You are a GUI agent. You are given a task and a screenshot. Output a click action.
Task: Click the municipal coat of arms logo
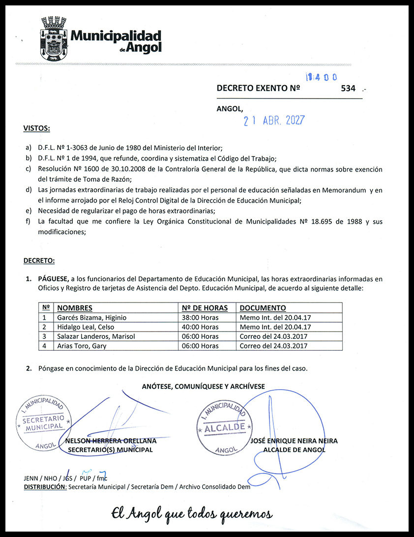point(54,38)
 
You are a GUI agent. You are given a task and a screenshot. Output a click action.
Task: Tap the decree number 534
point(348,89)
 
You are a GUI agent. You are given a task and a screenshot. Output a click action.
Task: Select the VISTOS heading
point(36,129)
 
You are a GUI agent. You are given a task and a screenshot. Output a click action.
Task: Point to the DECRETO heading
point(39,260)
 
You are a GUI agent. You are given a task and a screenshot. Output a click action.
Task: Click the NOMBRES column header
point(75,308)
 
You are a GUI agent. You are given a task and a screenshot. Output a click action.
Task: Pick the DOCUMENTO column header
point(263,308)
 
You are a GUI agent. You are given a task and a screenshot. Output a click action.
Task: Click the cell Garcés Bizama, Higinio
point(91,318)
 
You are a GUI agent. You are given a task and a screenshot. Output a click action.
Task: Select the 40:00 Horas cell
point(200,327)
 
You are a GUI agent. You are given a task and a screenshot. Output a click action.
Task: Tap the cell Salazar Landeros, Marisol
point(96,336)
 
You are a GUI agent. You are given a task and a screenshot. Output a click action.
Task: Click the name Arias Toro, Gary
point(82,346)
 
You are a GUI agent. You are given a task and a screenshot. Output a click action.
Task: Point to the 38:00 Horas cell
point(200,318)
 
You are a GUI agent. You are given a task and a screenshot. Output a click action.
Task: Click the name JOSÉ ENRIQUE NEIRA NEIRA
point(294,441)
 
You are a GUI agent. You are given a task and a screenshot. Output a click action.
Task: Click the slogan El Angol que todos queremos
point(192,513)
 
